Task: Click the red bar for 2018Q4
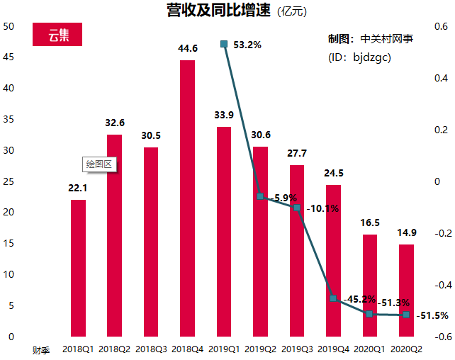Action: pyautogui.click(x=187, y=198)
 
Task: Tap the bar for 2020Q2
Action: pyautogui.click(x=406, y=290)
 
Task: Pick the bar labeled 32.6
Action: pyautogui.click(x=114, y=235)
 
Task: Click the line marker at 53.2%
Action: pyautogui.click(x=224, y=44)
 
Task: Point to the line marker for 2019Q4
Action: pyautogui.click(x=333, y=298)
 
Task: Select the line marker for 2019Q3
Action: pyautogui.click(x=297, y=208)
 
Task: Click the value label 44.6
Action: pyautogui.click(x=187, y=48)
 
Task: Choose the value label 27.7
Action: pyautogui.click(x=297, y=153)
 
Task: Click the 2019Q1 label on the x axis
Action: pyautogui.click(x=224, y=349)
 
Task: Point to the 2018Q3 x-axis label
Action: pyautogui.click(x=151, y=349)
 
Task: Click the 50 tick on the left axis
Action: pyautogui.click(x=9, y=27)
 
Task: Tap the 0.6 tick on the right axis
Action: pyautogui.click(x=441, y=27)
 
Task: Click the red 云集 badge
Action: pyautogui.click(x=58, y=35)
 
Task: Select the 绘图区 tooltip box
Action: pyautogui.click(x=99, y=164)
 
